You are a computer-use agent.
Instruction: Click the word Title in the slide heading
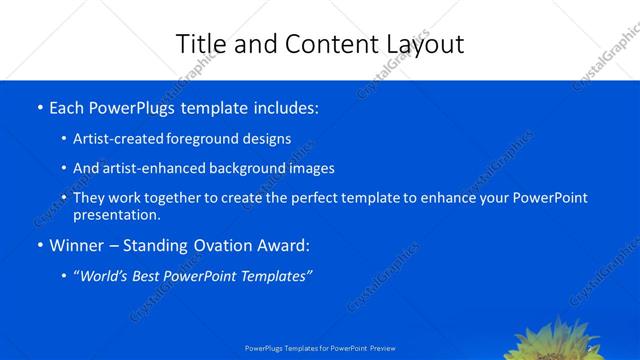point(200,44)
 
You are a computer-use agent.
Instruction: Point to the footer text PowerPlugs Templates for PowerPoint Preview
point(320,348)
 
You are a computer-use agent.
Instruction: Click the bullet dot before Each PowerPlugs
point(39,107)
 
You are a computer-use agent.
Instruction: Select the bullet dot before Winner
point(39,245)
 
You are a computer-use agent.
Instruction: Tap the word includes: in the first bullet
point(284,107)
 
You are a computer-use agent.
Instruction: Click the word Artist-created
point(118,139)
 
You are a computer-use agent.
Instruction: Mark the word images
point(312,169)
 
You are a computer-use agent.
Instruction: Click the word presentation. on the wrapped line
point(116,214)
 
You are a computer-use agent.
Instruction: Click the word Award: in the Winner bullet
point(284,245)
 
